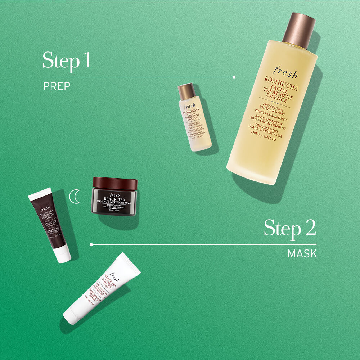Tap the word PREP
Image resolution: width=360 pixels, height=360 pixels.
pos(57,86)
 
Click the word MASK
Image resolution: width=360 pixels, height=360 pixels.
pos(302,254)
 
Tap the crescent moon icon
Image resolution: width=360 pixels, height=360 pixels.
pos(75,197)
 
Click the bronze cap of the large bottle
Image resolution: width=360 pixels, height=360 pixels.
pos(298,31)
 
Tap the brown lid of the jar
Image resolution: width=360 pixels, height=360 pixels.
pos(115,184)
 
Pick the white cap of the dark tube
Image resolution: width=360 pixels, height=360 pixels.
pos(63,253)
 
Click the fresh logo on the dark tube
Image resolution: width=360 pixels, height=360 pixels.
pos(45,209)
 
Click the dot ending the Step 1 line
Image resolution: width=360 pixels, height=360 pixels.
pos(234,77)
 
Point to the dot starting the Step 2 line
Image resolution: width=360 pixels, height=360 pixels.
pos(91,245)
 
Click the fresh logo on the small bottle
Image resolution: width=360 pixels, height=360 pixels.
pos(189,107)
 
